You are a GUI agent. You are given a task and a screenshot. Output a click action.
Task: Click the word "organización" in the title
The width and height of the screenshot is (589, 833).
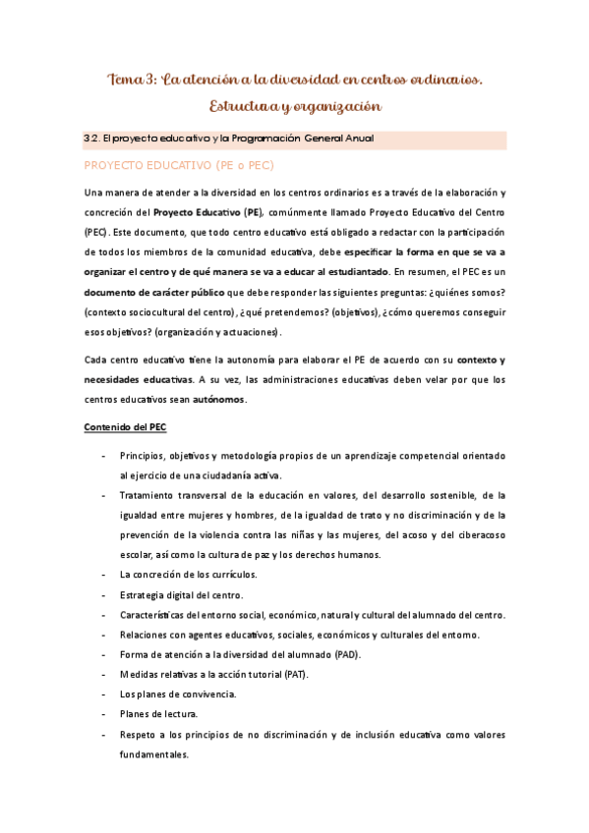point(334,105)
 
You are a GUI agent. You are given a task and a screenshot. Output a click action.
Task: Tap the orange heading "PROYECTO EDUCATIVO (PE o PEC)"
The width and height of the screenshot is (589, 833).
point(178,165)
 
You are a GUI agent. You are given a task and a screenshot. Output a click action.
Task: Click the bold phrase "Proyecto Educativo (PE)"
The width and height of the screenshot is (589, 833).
point(215,211)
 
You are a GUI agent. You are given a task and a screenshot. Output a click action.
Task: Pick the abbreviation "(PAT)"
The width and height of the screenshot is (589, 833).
point(292,674)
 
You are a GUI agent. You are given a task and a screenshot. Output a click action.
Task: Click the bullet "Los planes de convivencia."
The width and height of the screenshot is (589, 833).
point(178,694)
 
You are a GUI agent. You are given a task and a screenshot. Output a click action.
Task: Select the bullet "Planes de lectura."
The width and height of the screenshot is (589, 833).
point(158,714)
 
